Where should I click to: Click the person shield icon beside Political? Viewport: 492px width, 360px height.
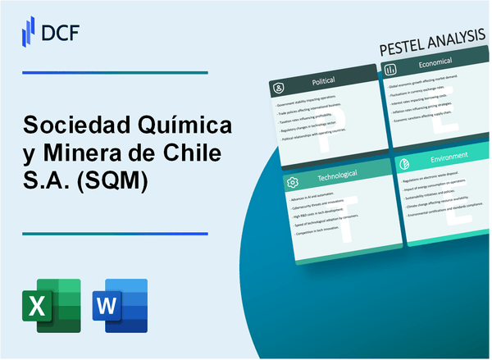(x=279, y=86)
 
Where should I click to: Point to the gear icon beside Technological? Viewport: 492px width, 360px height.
(x=293, y=181)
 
